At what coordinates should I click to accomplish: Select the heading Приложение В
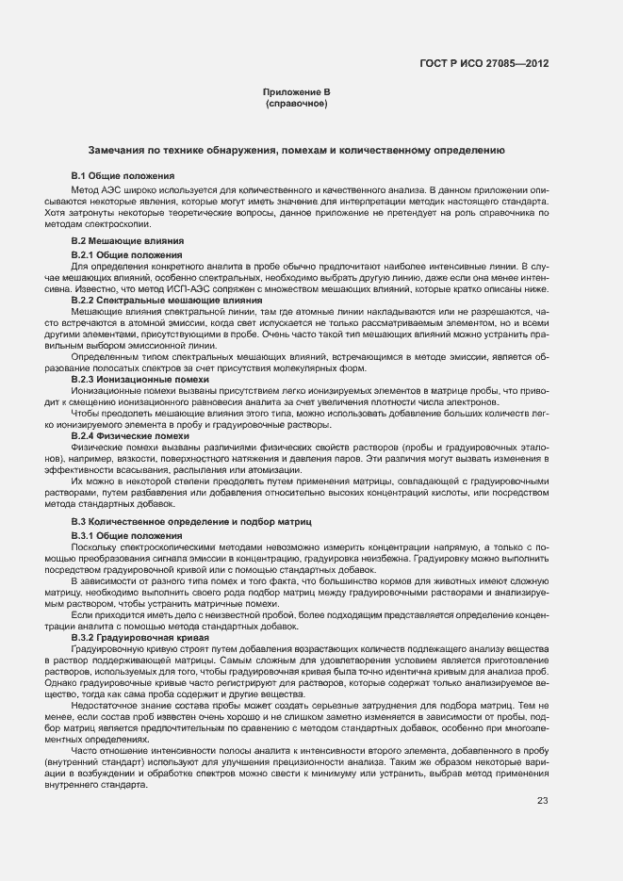(297, 91)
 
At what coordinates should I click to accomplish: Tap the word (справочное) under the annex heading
(297, 102)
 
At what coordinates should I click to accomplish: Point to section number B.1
(79, 175)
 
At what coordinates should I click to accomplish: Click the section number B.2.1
(84, 254)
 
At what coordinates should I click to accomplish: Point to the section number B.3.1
(84, 535)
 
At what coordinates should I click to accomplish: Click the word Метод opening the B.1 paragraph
(85, 188)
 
